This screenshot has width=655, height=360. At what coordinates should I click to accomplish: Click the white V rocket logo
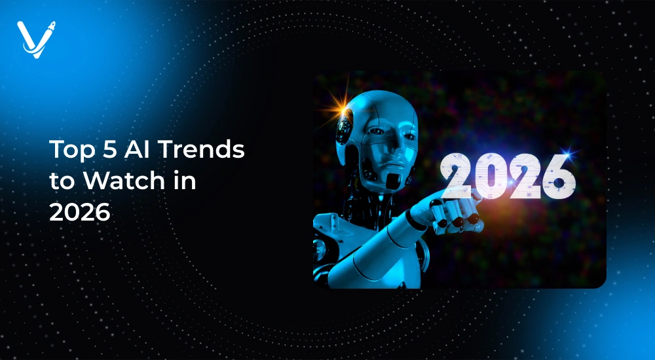[x=36, y=39]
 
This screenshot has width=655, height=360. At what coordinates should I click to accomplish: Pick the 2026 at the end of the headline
[x=80, y=212]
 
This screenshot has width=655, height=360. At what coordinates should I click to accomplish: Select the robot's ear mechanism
[x=345, y=128]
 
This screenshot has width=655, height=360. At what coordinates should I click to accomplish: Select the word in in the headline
[x=183, y=180]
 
